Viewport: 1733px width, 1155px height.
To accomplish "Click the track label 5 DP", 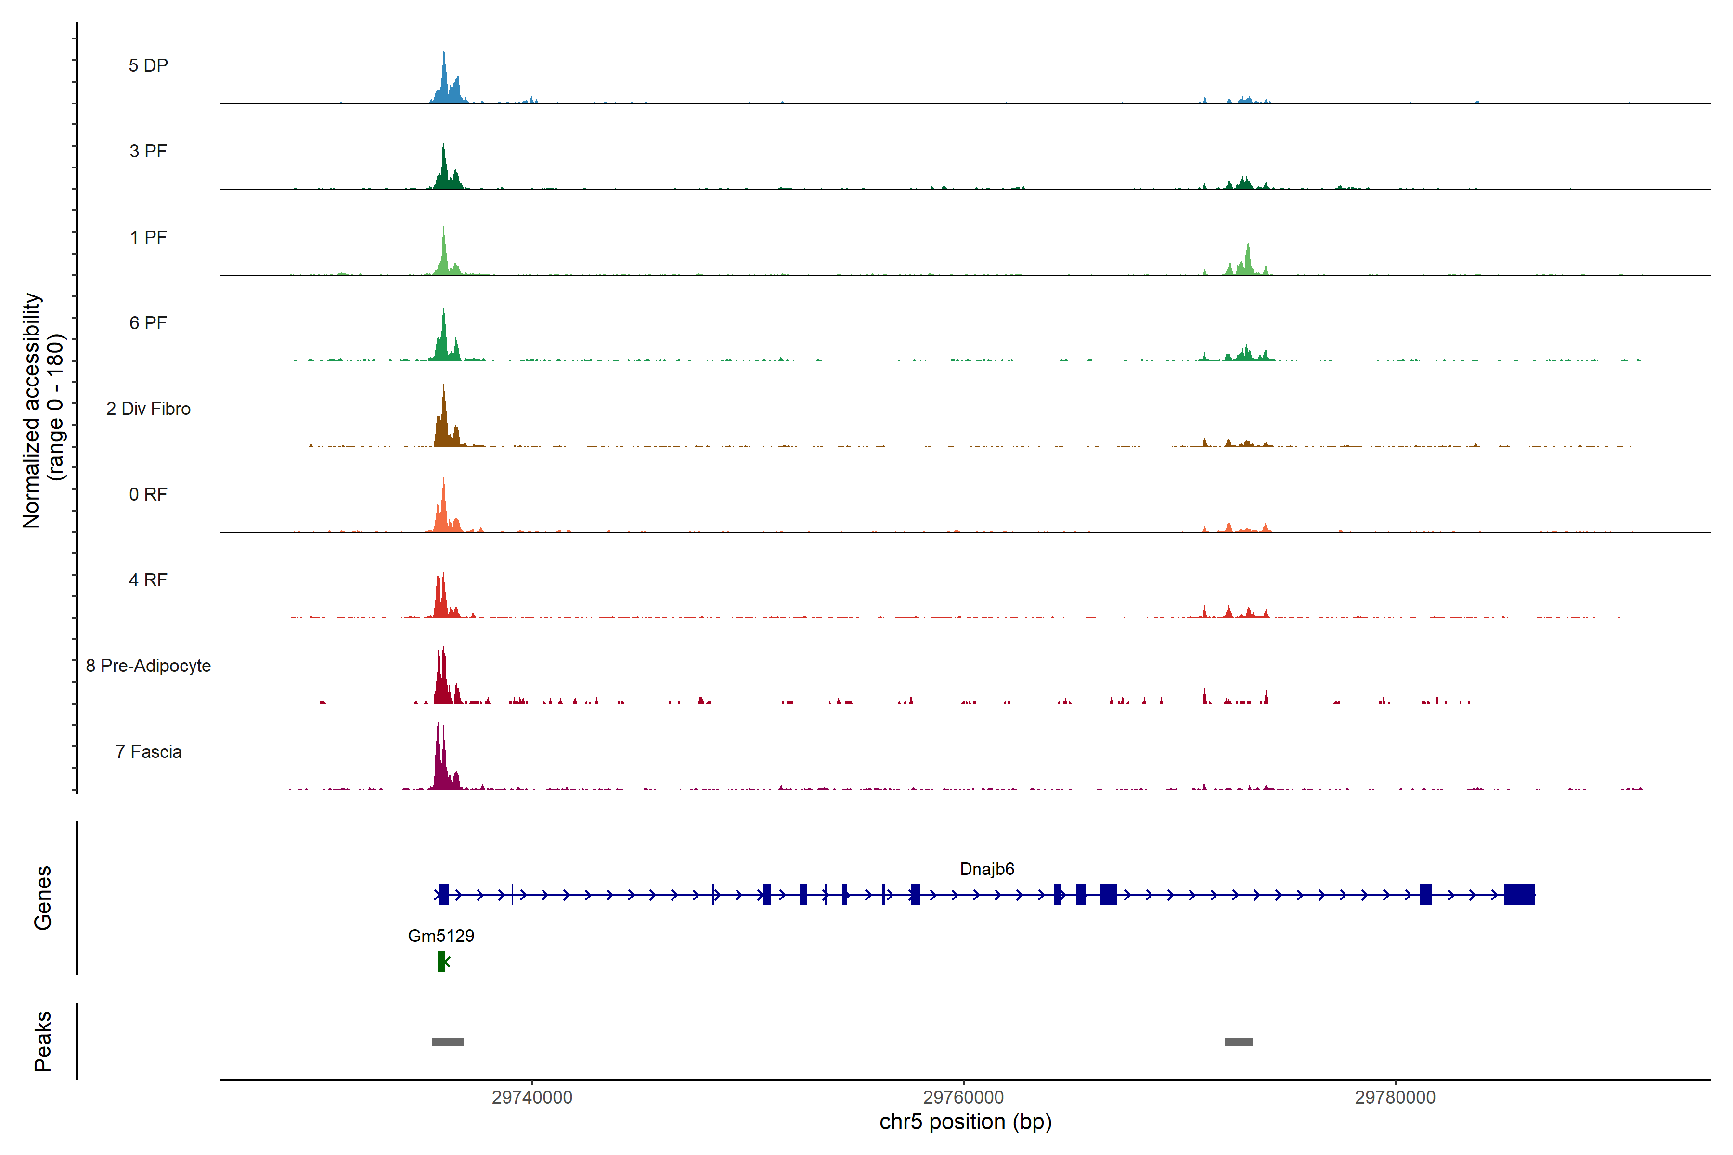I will point(148,65).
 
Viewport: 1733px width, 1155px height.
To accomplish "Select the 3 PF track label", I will point(148,151).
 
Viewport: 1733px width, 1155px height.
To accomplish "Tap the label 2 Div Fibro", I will point(148,409).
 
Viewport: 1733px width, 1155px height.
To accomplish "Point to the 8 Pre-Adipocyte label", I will point(148,666).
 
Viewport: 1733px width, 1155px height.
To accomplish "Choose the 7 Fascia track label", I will point(148,752).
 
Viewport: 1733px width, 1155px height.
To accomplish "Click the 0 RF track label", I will point(148,494).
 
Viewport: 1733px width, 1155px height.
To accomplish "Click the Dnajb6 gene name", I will point(986,869).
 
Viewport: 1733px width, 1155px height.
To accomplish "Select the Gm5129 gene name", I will point(440,936).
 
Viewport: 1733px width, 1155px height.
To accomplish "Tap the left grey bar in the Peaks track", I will point(447,1041).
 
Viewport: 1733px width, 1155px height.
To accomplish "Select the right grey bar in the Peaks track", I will point(1238,1041).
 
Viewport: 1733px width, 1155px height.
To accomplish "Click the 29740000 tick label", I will point(532,1098).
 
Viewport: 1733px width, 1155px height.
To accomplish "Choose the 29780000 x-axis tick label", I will point(1395,1098).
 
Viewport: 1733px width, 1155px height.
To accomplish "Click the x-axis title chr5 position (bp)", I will point(965,1122).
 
